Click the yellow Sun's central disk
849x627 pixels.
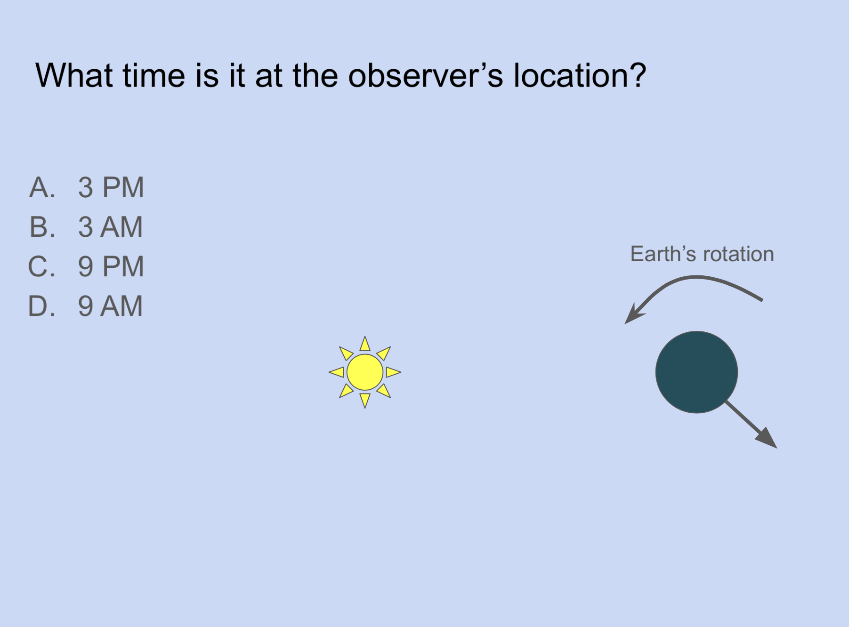click(x=365, y=372)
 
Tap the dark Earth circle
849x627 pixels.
click(x=696, y=372)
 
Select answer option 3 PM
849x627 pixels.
click(x=111, y=187)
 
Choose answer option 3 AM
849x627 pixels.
click(x=110, y=227)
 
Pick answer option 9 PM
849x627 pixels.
click(x=111, y=266)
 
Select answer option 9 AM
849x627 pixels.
click(x=110, y=306)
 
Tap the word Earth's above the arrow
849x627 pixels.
click(x=663, y=254)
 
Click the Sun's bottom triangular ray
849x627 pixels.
click(x=365, y=400)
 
